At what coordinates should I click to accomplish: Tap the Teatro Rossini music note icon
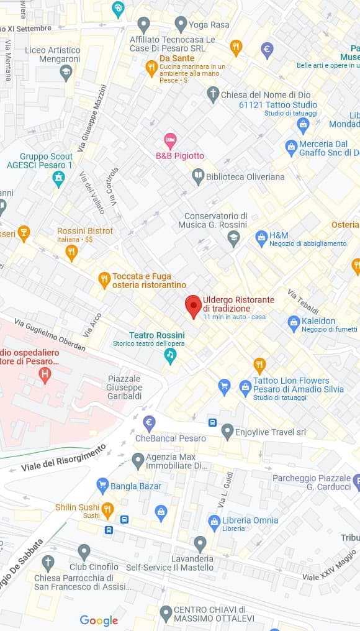pos(170,355)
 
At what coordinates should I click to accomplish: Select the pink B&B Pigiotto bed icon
pos(170,140)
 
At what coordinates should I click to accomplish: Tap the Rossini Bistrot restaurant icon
pos(71,252)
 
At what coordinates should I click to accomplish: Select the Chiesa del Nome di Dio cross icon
pos(213,94)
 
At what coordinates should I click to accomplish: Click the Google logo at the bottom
pos(99,620)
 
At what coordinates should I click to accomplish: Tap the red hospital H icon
pos(44,375)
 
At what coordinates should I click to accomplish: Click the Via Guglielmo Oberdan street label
pos(50,335)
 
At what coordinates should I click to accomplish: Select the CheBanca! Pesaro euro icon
pos(149,424)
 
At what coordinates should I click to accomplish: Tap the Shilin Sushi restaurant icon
pos(107,510)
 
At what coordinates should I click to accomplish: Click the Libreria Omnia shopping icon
pos(214,522)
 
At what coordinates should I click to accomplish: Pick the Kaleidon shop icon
pos(294,323)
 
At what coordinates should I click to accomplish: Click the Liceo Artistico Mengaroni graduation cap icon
pos(66,73)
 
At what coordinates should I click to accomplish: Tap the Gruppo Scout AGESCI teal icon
pos(59,179)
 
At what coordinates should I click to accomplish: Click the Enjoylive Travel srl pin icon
pos(227,430)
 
